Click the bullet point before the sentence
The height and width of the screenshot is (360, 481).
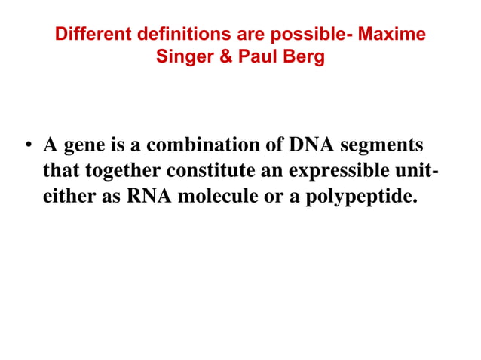point(29,145)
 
